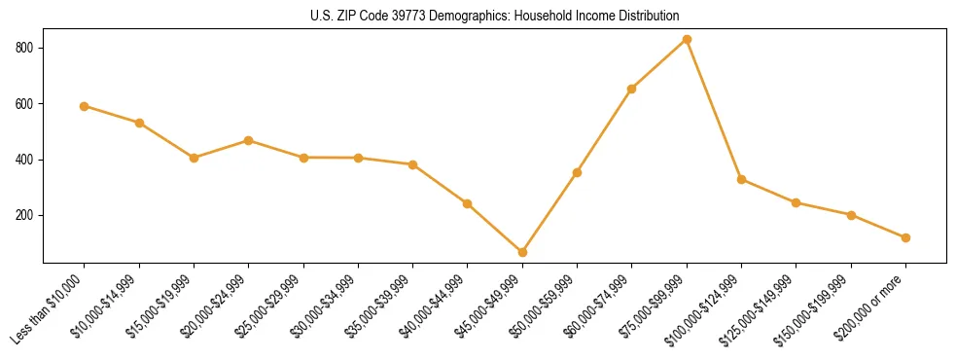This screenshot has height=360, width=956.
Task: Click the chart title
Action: coord(495,17)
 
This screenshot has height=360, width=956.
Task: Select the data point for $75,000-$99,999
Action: coord(687,40)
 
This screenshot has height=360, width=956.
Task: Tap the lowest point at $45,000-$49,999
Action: coord(522,252)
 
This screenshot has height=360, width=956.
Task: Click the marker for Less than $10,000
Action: coord(85,106)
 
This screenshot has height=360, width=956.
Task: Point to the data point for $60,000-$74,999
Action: coord(632,89)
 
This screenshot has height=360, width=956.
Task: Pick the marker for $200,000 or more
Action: coord(905,237)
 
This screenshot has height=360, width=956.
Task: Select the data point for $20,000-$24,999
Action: coord(249,140)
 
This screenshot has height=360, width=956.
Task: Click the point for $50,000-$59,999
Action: coord(577,172)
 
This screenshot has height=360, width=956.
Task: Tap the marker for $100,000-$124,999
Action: coord(741,179)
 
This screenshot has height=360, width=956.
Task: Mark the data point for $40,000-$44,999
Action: coord(468,203)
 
